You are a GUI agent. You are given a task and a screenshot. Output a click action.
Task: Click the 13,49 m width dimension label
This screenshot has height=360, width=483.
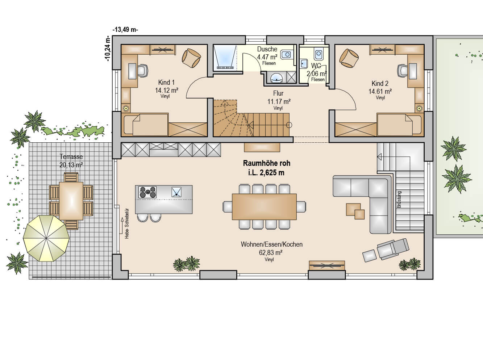tap(125, 29)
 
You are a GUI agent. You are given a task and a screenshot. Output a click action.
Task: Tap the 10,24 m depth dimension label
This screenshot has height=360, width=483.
tap(108, 49)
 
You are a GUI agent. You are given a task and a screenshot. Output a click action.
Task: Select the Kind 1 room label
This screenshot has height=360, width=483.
tap(166, 83)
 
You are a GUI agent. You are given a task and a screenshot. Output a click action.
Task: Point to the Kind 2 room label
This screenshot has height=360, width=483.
tap(380, 84)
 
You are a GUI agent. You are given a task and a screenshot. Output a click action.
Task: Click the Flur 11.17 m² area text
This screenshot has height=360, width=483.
tap(279, 102)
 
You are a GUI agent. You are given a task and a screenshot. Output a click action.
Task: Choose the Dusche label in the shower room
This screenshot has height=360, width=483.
tap(267, 49)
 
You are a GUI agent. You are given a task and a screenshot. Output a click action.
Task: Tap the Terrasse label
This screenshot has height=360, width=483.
tap(71, 157)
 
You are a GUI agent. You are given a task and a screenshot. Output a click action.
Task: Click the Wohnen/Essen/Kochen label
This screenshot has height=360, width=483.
tap(271, 244)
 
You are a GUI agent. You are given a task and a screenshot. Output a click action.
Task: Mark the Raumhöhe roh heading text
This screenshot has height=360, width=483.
tap(266, 163)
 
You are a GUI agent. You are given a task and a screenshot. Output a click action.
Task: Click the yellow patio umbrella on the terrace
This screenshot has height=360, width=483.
tap(46, 238)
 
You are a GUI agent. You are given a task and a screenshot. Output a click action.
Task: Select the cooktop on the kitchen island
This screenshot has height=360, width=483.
tap(147, 192)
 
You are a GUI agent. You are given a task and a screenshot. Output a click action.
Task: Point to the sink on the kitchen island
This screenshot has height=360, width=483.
tap(176, 192)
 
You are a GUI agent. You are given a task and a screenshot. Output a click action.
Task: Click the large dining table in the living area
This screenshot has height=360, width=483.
tap(264, 207)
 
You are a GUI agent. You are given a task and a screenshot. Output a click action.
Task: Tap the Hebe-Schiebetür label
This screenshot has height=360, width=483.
tap(127, 223)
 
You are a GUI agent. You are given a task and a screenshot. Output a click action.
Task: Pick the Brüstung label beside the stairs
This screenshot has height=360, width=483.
tap(399, 200)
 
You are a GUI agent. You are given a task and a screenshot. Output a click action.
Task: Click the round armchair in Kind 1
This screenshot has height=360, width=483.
tap(191, 58)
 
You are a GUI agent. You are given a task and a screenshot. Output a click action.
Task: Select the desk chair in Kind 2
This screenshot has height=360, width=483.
tap(403, 71)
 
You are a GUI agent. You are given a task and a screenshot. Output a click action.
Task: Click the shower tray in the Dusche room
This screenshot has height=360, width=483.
tap(225, 58)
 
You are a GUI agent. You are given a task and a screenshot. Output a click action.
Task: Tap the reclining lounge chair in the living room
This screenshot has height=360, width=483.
tap(393, 248)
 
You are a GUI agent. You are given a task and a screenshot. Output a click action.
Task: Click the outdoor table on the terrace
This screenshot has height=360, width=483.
tap(71, 201)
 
